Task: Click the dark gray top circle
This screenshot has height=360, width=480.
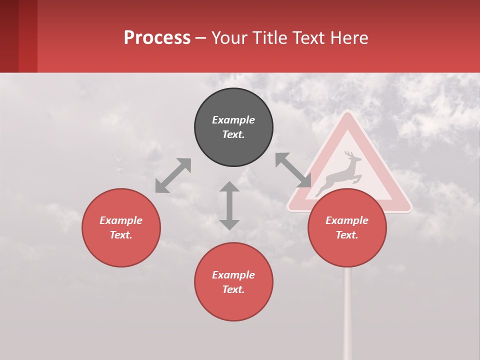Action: (x=233, y=127)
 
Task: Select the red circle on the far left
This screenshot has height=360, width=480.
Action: (x=121, y=227)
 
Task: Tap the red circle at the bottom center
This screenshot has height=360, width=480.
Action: (x=233, y=282)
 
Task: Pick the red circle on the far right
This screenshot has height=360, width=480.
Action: (x=347, y=227)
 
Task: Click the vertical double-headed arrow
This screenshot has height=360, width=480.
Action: (x=229, y=205)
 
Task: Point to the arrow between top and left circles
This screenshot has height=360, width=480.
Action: (x=173, y=175)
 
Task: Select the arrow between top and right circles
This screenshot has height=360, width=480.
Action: (x=293, y=170)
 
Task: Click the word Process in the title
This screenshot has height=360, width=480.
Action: (x=157, y=37)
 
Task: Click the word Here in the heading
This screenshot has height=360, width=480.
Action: (x=348, y=37)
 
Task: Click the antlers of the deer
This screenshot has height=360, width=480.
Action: (x=349, y=155)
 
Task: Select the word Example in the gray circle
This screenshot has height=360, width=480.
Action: (x=233, y=120)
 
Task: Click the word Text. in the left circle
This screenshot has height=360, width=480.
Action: (x=121, y=235)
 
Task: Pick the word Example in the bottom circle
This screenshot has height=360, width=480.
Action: (x=233, y=275)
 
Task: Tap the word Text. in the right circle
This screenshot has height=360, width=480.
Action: (x=347, y=235)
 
